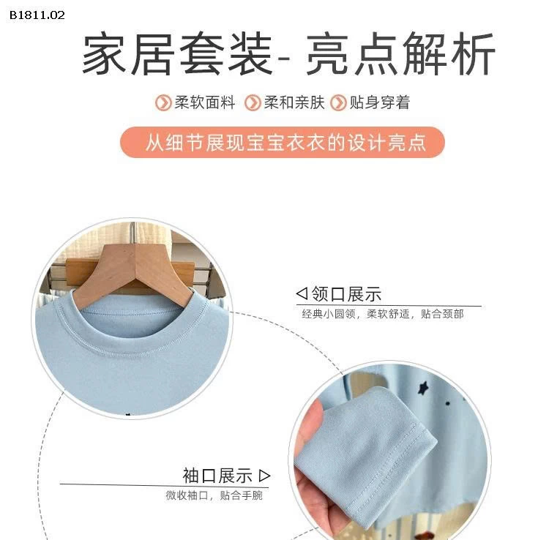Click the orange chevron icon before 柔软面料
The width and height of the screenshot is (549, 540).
(163, 103)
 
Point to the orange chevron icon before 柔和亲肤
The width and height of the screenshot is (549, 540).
(253, 103)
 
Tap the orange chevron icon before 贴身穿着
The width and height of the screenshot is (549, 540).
(338, 103)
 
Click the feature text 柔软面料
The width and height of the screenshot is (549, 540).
(205, 103)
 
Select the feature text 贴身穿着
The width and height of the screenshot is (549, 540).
(379, 103)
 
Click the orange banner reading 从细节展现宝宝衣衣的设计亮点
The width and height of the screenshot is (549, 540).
(283, 142)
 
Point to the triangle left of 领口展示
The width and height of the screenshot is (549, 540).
(301, 294)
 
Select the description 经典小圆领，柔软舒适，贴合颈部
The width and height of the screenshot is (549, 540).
(382, 315)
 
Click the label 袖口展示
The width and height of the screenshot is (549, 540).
(217, 476)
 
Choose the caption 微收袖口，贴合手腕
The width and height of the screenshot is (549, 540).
(214, 496)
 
